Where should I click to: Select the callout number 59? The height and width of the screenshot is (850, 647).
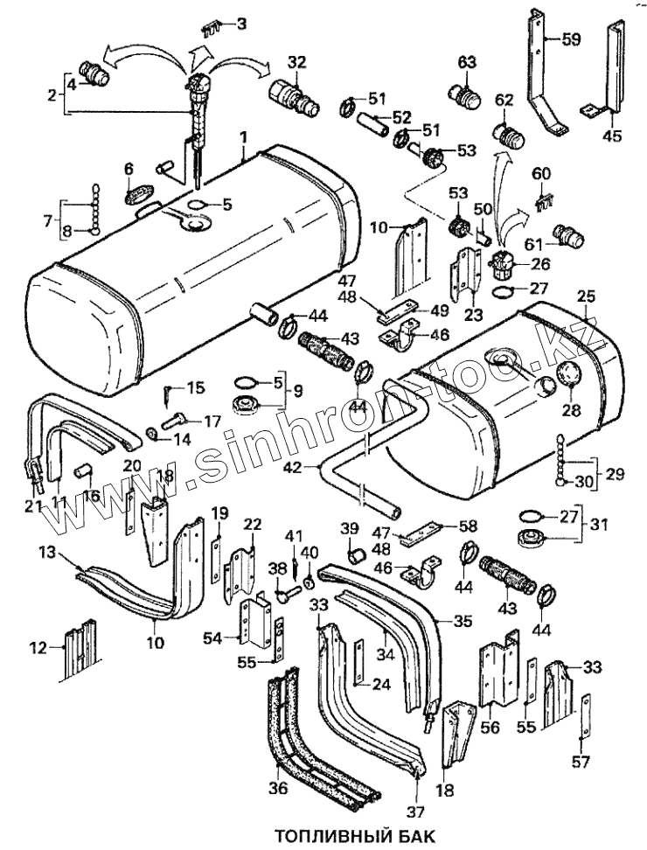(571, 39)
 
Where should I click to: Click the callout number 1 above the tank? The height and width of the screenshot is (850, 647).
(244, 137)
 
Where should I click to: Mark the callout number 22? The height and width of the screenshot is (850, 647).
(253, 524)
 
